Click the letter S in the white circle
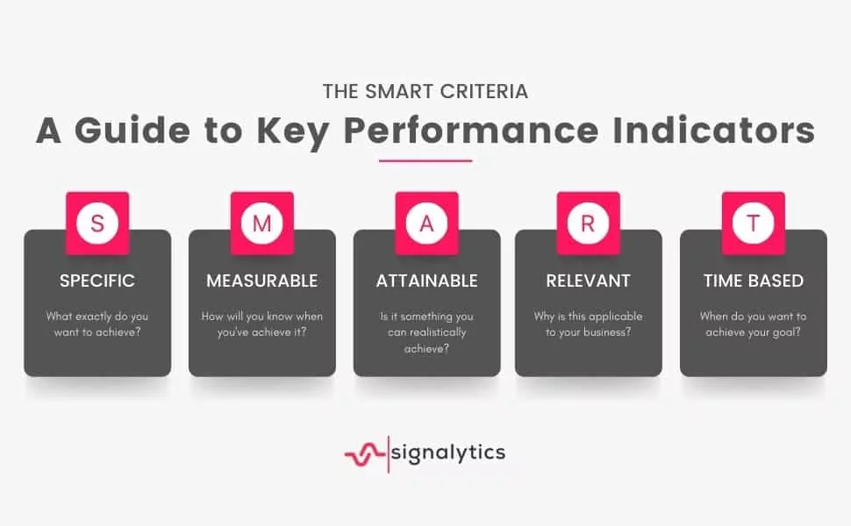click(x=97, y=223)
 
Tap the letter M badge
click(x=262, y=223)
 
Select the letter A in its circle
click(x=426, y=223)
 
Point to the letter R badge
click(x=589, y=223)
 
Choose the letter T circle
click(x=754, y=223)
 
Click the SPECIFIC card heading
click(x=97, y=281)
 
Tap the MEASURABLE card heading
click(x=262, y=281)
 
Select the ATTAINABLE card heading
click(x=427, y=281)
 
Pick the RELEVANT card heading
click(x=589, y=281)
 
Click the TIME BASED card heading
click(x=754, y=281)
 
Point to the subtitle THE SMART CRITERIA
click(x=425, y=92)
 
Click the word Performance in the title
click(x=471, y=131)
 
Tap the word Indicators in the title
click(x=713, y=131)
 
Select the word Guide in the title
click(x=132, y=131)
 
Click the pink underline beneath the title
click(x=425, y=160)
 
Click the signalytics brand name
click(x=448, y=453)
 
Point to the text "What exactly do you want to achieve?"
click(x=97, y=324)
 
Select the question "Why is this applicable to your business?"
click(x=589, y=324)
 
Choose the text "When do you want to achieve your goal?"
click(x=754, y=324)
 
